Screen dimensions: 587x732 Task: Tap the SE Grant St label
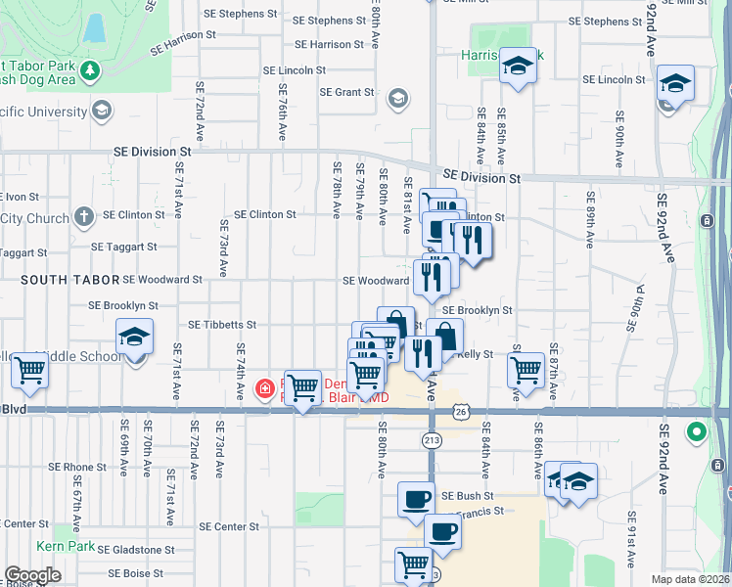click(347, 93)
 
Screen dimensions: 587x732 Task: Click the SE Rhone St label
click(84, 468)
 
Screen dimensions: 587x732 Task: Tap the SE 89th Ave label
click(590, 225)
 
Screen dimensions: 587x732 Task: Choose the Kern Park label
click(67, 546)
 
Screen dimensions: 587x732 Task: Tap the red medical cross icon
click(264, 389)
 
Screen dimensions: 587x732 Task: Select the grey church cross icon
click(84, 215)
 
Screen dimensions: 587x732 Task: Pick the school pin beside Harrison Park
click(518, 66)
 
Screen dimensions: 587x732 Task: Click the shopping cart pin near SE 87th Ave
click(526, 370)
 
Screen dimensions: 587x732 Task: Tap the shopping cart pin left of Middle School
click(30, 370)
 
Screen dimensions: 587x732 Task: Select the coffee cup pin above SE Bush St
click(416, 499)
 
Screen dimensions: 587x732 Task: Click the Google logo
click(33, 575)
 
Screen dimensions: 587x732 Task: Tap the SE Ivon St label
click(22, 196)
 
